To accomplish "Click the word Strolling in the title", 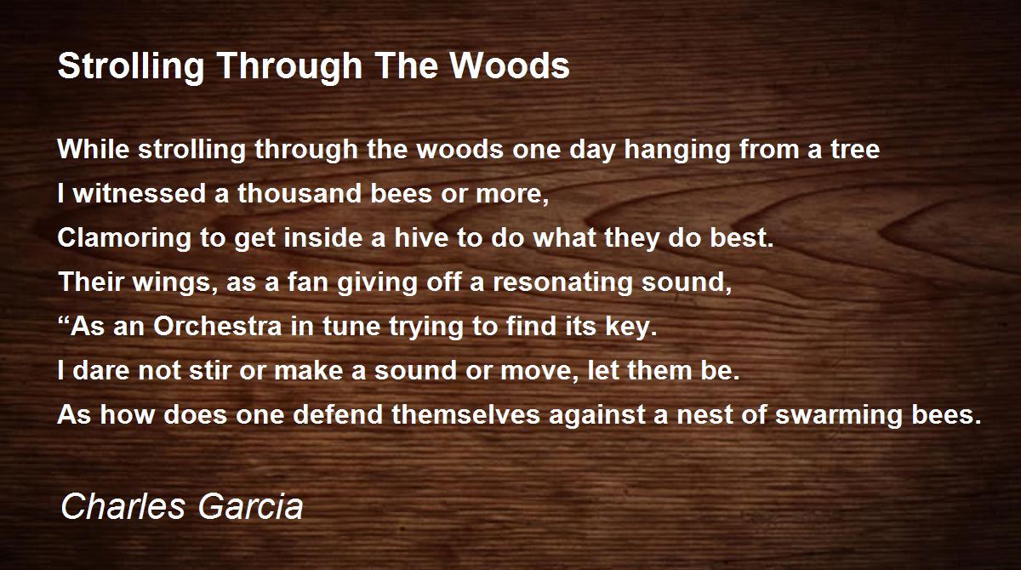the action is (x=131, y=67).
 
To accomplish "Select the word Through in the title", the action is (x=290, y=67).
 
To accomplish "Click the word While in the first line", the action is (x=94, y=149).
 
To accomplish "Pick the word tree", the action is (x=855, y=150).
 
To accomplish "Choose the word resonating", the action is (x=562, y=283).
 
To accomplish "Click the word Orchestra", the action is (x=218, y=326).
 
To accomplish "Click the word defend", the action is (x=338, y=414).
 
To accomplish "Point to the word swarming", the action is (x=839, y=415).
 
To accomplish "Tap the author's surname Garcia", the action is (x=251, y=506).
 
